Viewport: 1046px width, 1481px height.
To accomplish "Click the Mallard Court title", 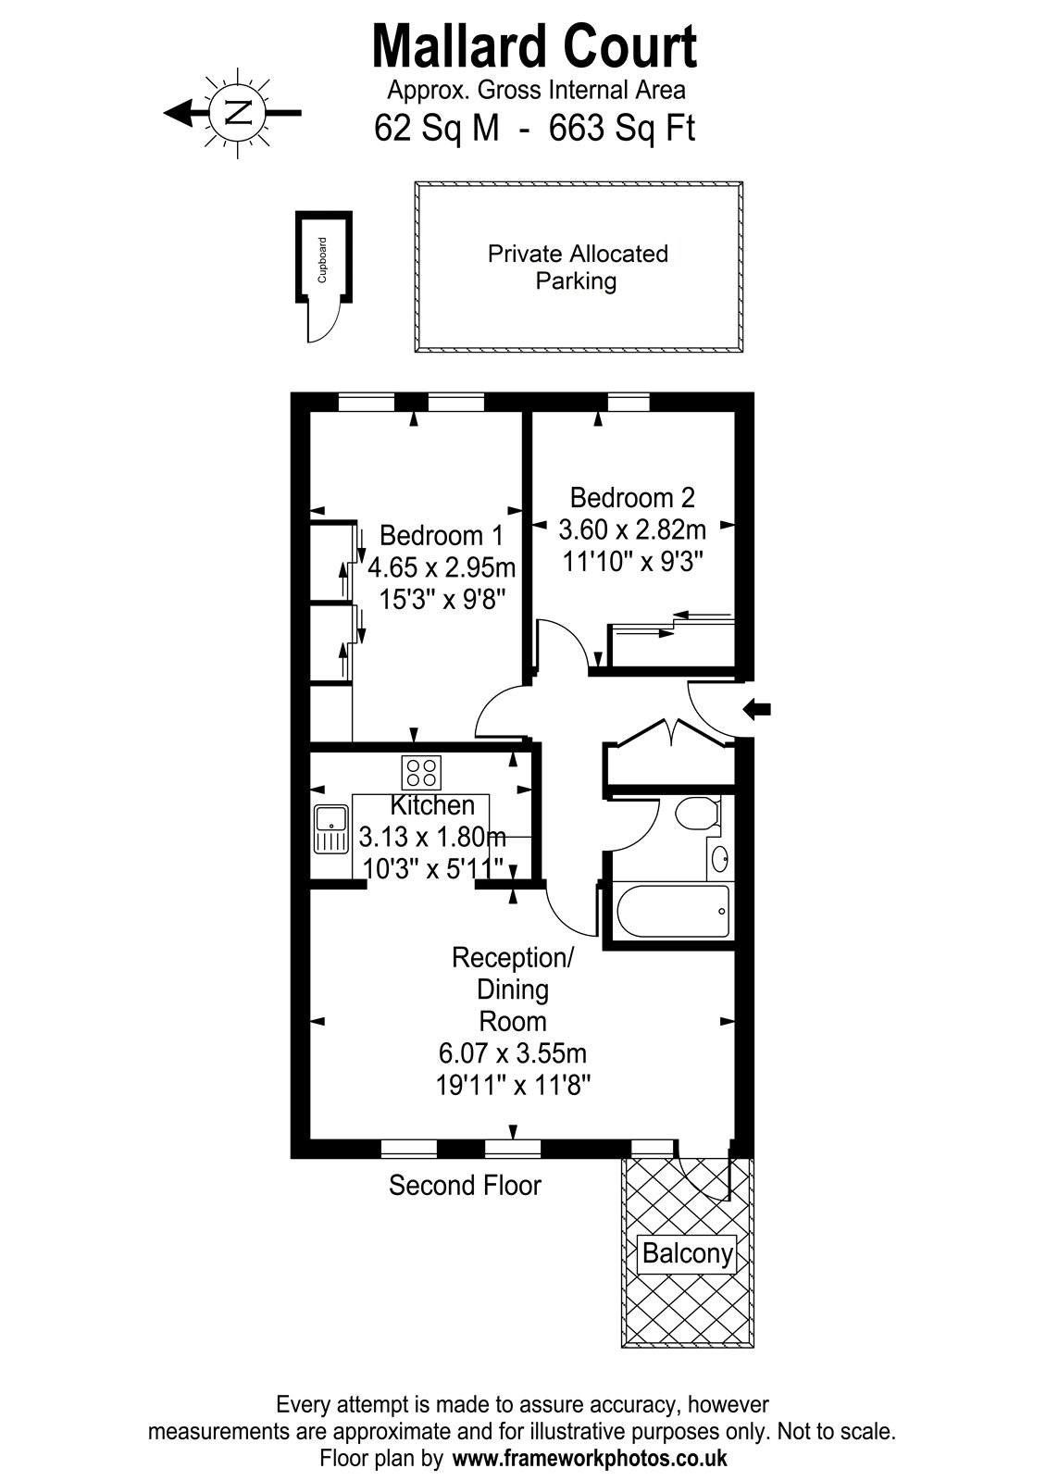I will [x=534, y=48].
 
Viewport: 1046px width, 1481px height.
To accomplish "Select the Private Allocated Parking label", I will [x=578, y=267].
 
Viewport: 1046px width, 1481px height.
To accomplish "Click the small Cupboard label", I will [x=323, y=259].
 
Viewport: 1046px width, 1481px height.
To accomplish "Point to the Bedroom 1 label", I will [x=442, y=536].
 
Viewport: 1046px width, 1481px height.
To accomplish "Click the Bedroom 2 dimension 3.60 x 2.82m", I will [x=632, y=529].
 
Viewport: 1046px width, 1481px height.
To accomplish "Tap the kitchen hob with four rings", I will [x=421, y=772].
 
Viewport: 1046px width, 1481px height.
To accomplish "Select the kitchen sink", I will [x=330, y=828].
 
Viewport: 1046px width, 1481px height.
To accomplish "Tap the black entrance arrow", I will [x=757, y=709].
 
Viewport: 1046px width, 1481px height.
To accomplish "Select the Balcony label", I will [x=687, y=1254].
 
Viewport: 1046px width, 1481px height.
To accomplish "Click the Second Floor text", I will [x=465, y=1185].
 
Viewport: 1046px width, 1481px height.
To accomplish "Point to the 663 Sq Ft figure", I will [x=621, y=128].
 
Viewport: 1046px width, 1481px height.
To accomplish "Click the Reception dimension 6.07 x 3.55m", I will [x=513, y=1053].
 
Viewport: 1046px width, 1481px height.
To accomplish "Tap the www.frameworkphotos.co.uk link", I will [x=590, y=1459].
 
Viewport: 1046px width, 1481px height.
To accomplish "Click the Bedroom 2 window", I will [x=629, y=402].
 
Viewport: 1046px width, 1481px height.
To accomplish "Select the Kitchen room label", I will [x=432, y=805].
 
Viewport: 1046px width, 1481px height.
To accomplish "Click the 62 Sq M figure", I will [x=437, y=128].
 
